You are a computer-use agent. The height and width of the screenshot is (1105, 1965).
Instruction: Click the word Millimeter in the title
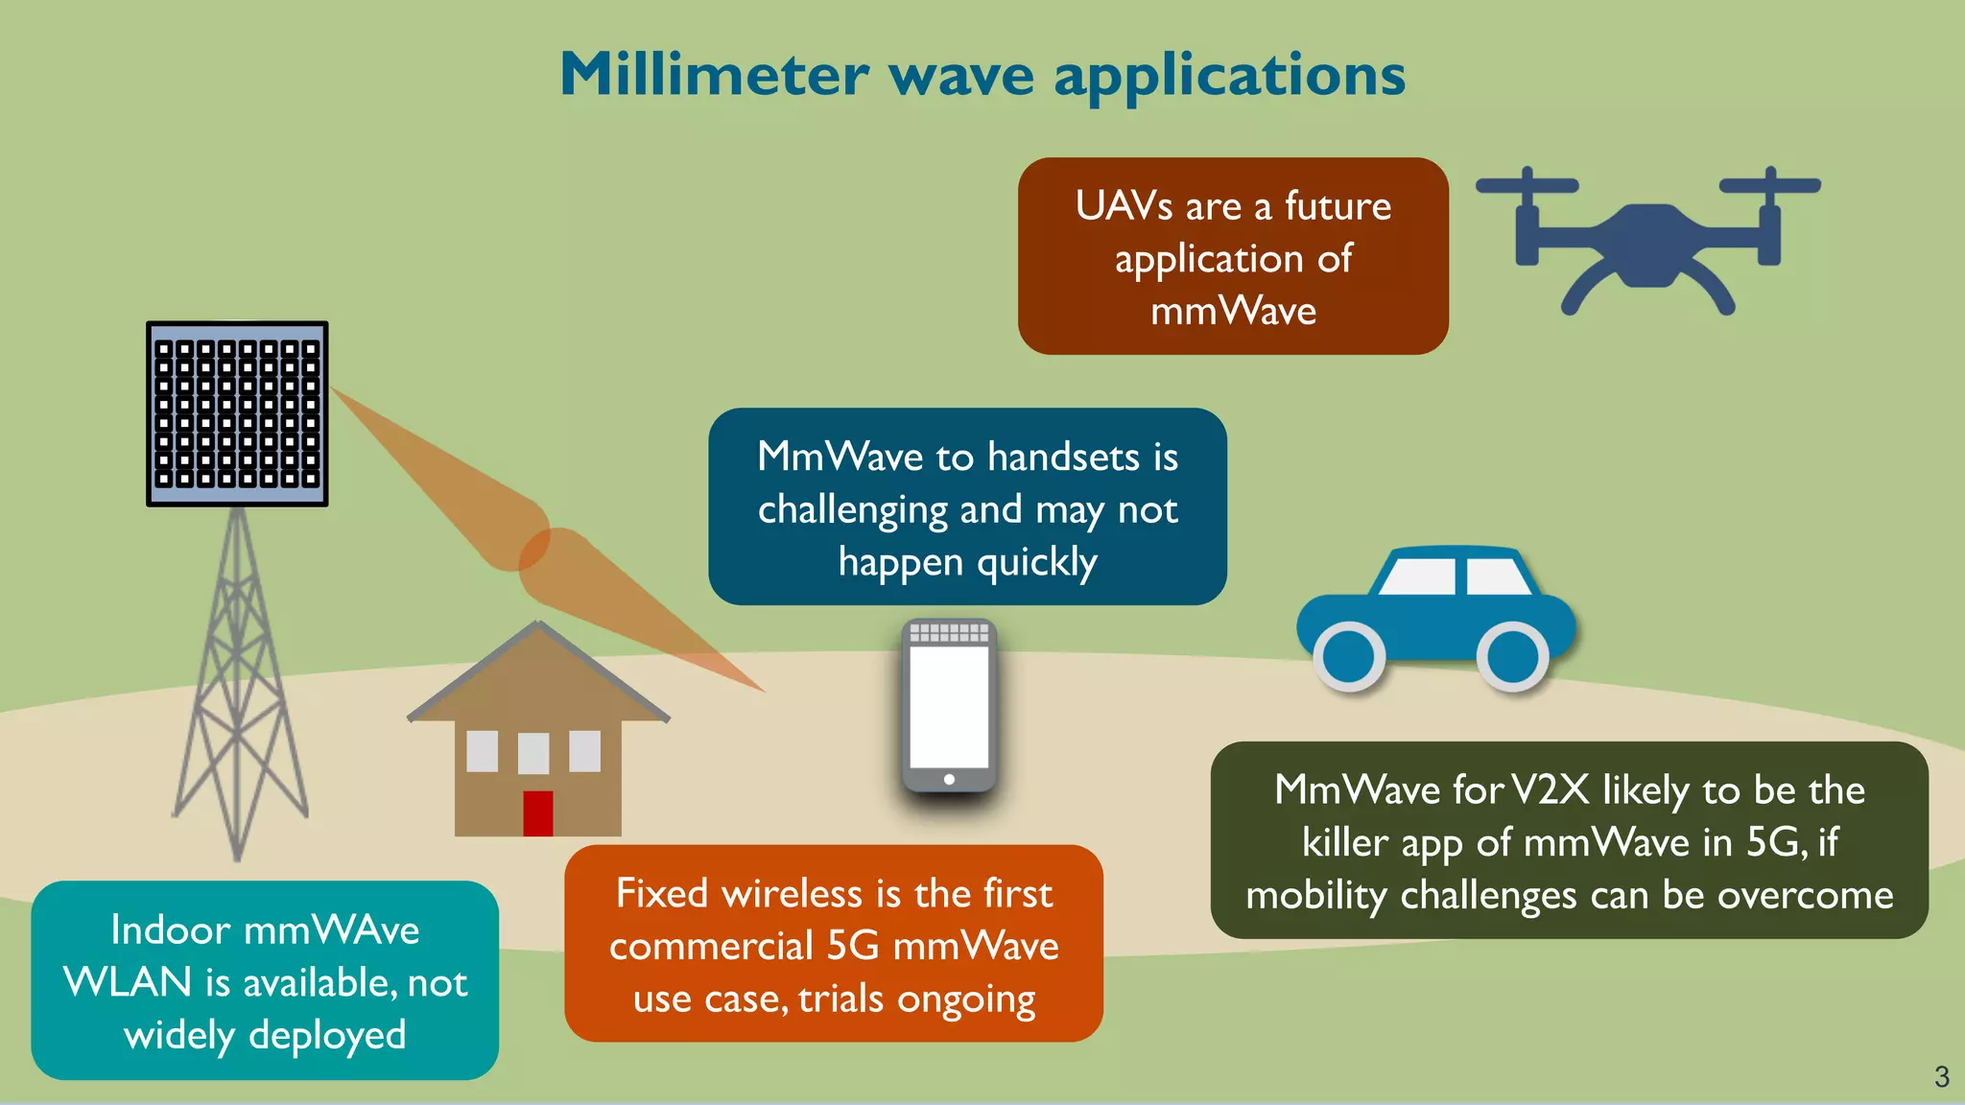tap(714, 75)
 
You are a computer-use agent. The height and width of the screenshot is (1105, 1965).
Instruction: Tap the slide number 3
tap(1941, 1076)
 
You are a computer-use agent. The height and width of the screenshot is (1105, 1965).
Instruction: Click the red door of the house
tap(537, 813)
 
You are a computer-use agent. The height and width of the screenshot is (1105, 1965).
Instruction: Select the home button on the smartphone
tap(949, 779)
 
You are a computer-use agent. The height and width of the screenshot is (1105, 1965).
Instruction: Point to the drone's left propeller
tap(1527, 185)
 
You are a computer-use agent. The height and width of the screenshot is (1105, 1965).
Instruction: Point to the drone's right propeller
tap(1770, 184)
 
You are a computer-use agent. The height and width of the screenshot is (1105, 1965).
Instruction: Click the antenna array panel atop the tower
tap(237, 413)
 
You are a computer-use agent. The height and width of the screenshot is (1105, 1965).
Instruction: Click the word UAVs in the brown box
tap(1124, 206)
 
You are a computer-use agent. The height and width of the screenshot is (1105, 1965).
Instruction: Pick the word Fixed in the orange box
tap(661, 894)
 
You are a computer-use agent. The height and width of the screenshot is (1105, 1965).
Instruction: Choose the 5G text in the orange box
tap(852, 946)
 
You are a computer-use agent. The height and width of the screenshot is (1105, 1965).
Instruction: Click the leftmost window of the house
tap(483, 751)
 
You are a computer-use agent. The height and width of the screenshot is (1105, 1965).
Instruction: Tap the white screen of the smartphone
tap(949, 707)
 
